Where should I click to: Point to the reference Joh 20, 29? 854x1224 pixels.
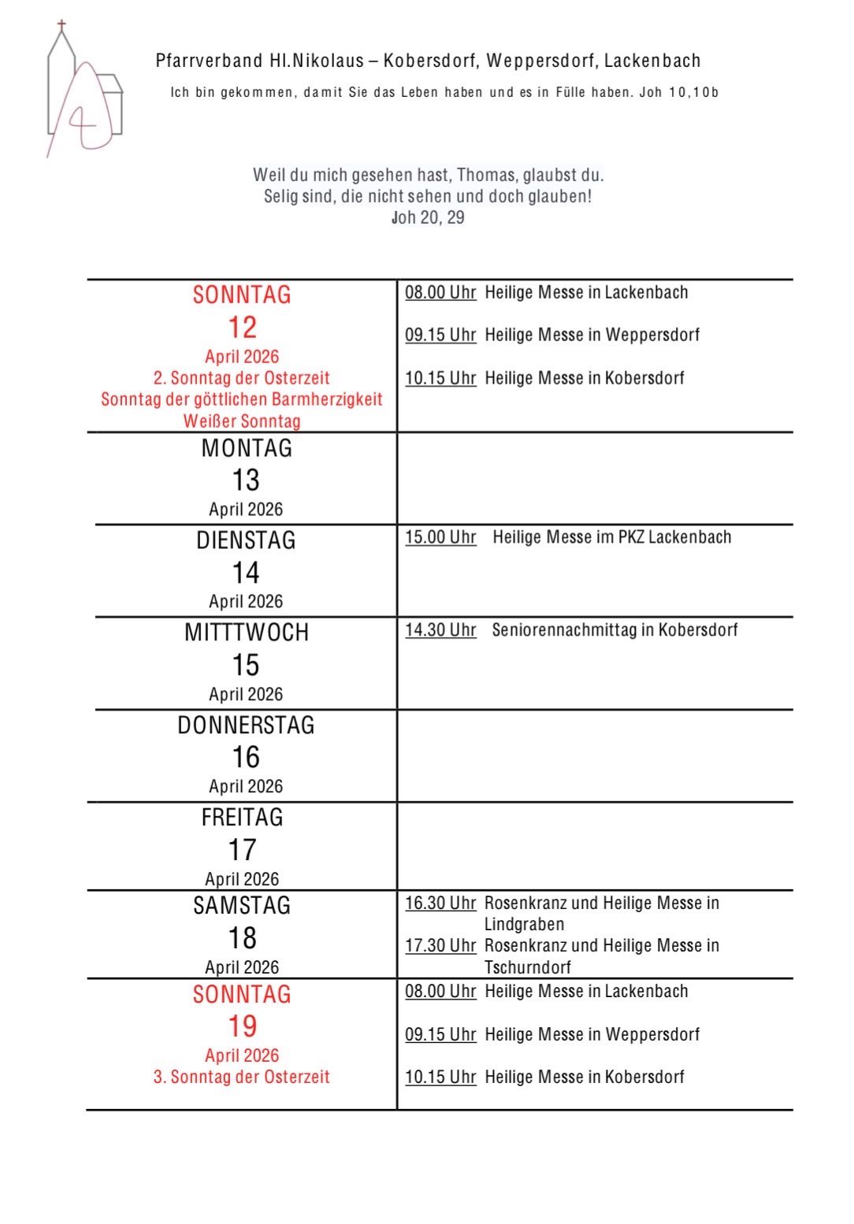[x=428, y=217]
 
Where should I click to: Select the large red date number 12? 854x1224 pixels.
[x=242, y=327]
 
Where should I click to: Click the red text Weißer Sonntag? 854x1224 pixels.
[x=242, y=421]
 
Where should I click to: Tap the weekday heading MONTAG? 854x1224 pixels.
[x=246, y=448]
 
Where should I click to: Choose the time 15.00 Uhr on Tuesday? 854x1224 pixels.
[x=440, y=537]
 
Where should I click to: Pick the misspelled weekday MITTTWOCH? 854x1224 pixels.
[x=246, y=632]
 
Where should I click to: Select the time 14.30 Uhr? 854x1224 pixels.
[x=440, y=629]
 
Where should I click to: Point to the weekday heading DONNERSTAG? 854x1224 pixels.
[x=246, y=725]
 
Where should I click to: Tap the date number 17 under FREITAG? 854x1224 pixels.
[x=242, y=850]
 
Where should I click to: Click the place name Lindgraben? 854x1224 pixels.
[x=524, y=924]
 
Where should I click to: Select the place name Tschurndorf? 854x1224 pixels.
[x=527, y=966]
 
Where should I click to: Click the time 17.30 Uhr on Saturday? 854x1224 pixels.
[x=440, y=945]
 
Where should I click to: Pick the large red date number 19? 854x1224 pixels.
[x=242, y=1026]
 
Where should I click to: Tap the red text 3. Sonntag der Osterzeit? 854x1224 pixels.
[x=242, y=1077]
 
